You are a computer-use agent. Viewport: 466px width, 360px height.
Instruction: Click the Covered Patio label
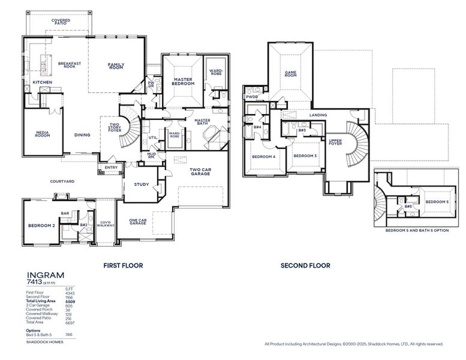coord(61,22)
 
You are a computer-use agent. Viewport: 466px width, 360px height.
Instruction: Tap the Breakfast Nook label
coord(69,65)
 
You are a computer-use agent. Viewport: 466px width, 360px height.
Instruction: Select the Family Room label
coord(116,67)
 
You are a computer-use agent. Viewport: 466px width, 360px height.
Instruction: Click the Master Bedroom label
coord(182,82)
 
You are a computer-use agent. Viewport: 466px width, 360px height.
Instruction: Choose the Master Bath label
coord(202,122)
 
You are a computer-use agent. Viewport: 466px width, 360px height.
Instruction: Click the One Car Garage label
coord(138,221)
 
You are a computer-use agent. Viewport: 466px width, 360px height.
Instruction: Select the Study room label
coord(142,184)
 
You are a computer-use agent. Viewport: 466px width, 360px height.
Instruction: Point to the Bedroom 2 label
coord(41,226)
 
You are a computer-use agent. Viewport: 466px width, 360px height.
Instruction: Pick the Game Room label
coord(290,74)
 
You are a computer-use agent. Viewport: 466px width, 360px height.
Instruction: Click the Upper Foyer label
coord(335,142)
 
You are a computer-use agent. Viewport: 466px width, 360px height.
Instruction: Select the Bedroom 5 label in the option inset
coord(437,202)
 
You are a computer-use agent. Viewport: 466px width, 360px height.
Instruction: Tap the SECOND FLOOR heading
coord(305,265)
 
